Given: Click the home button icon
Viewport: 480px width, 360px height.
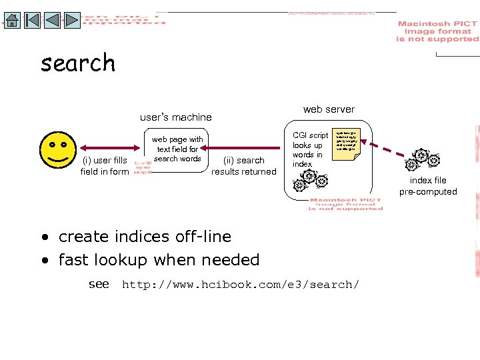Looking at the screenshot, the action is click(x=12, y=21).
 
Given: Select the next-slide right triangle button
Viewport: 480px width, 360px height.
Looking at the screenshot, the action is click(x=73, y=21).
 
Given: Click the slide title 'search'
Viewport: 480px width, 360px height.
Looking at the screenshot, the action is click(x=78, y=63).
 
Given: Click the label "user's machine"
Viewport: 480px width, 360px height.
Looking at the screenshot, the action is click(x=176, y=117).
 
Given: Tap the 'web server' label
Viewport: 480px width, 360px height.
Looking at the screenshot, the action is click(x=329, y=109).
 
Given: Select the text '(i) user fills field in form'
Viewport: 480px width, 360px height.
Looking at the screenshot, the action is click(x=105, y=166).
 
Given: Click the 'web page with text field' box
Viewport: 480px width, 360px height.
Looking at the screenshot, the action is click(x=177, y=149).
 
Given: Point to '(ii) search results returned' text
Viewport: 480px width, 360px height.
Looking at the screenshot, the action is click(x=244, y=166).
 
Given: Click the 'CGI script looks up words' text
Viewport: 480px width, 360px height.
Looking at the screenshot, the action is click(x=310, y=149).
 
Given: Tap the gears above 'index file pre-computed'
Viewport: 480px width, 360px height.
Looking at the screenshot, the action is click(x=422, y=160).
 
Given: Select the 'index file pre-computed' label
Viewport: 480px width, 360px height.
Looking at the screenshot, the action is click(x=428, y=186).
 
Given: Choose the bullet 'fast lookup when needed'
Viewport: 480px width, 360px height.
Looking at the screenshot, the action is click(x=158, y=260).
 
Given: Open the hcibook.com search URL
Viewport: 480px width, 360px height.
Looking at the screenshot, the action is click(x=240, y=285).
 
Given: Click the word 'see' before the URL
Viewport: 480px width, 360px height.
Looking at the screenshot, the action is click(x=99, y=284).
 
